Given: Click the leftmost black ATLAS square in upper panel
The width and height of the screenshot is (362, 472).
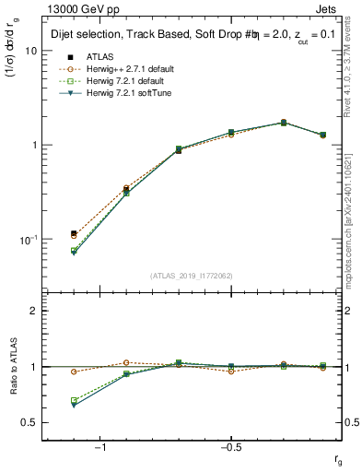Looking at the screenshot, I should tap(74, 234).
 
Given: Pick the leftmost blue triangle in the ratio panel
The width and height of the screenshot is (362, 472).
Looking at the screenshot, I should tap(74, 405).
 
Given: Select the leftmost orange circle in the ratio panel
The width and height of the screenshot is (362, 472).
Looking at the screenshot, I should tap(74, 372).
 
